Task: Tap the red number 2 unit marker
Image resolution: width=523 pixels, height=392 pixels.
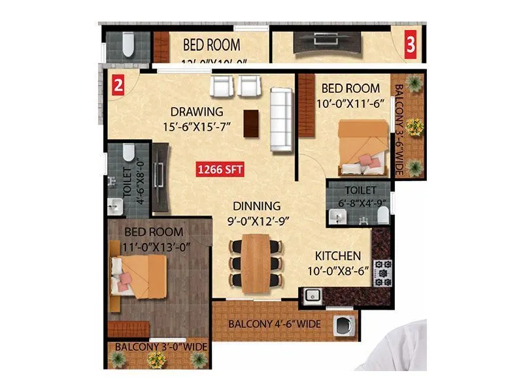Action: [118, 85]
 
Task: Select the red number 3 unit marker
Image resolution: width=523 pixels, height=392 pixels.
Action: [411, 45]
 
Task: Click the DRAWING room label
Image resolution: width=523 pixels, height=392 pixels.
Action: [196, 112]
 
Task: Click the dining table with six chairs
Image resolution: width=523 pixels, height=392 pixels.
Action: [256, 265]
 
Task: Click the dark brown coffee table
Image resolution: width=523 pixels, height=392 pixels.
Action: [250, 123]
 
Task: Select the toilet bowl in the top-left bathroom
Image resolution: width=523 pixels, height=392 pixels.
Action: [127, 44]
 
